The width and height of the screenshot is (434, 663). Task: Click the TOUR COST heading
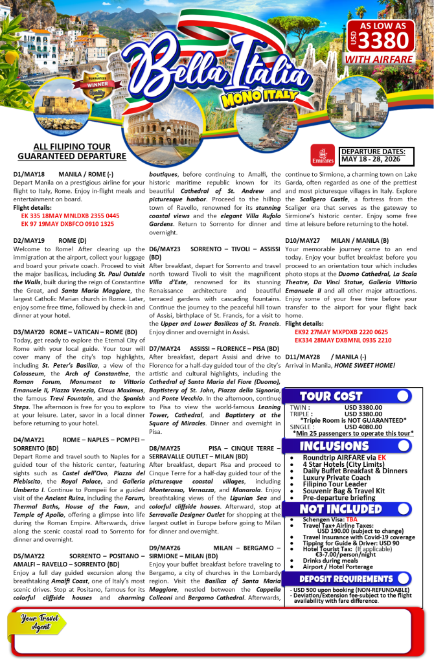pos(322,396)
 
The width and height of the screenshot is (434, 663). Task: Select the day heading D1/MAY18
pos(29,175)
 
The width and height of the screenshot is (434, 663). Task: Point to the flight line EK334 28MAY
pos(343,339)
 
